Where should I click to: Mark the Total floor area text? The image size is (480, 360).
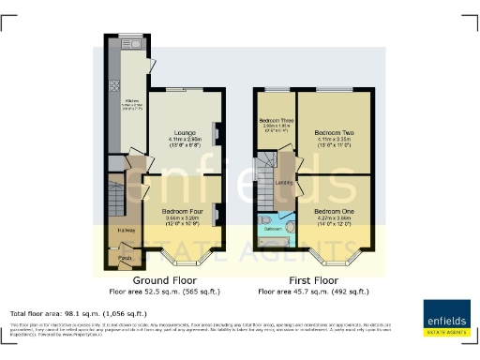pos(78,312)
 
